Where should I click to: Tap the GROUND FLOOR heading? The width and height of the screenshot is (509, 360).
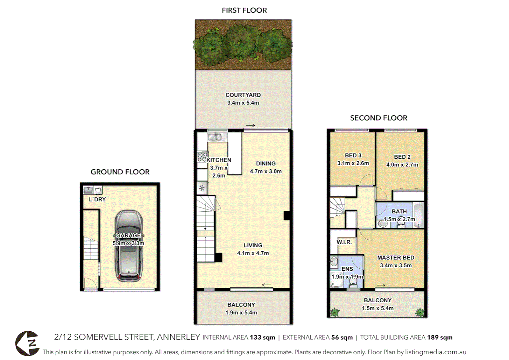pos(120,172)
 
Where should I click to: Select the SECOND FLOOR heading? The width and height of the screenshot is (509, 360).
pos(378,118)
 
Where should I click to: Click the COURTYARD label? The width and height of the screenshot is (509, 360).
pos(243,95)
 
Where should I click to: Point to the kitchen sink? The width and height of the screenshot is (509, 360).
pos(215,137)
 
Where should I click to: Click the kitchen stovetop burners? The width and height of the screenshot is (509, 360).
pos(202,157)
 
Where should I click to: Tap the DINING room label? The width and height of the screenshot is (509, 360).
pos(265,164)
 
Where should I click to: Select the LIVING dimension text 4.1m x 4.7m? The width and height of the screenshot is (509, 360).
pos(253,253)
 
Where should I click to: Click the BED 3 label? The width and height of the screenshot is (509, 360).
pos(353,155)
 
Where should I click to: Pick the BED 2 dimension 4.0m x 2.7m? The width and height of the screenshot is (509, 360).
pos(402,165)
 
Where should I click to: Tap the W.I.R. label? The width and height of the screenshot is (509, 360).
pos(344,242)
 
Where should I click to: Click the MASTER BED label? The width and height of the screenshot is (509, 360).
pos(396,258)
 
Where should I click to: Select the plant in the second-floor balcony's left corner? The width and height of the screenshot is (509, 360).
pos(334,312)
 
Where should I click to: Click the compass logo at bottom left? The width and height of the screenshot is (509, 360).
pos(28,343)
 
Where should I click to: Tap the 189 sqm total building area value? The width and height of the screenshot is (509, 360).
pos(439,337)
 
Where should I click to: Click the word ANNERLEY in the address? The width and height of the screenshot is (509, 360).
pos(179,337)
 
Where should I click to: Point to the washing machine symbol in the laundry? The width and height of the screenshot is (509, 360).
pos(98,190)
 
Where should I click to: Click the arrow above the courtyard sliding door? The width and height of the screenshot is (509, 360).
pos(251,126)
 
